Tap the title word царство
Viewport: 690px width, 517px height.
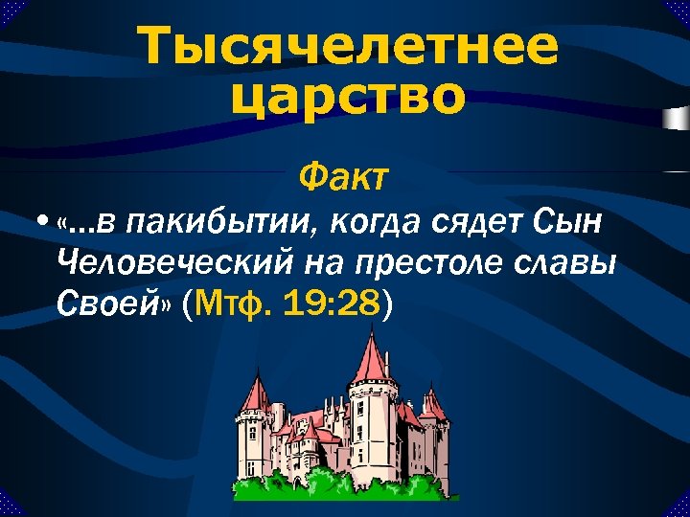348,97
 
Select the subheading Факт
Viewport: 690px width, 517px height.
344,175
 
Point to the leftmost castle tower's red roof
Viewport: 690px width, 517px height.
254,393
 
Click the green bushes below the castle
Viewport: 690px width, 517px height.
345,483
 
